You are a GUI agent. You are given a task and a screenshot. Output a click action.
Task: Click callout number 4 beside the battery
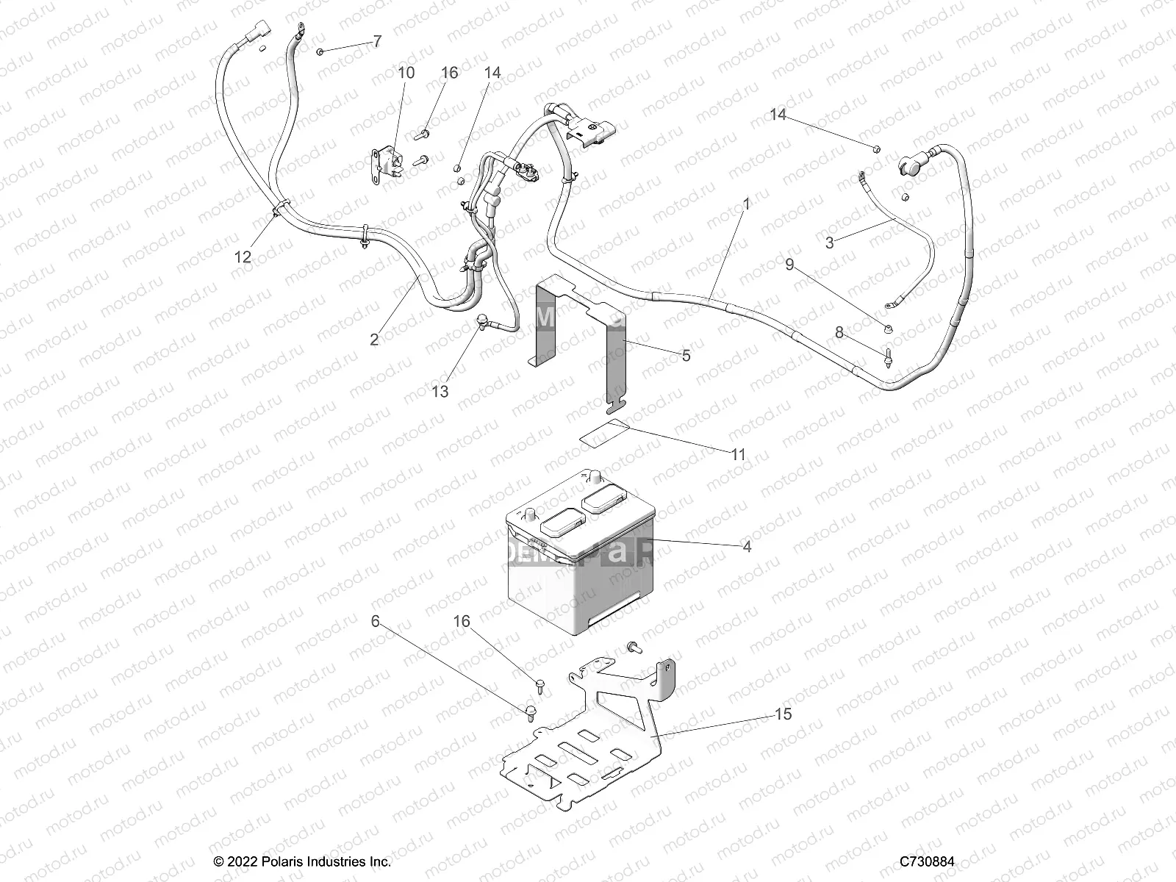coord(747,547)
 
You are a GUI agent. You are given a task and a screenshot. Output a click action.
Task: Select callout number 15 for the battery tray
coord(784,714)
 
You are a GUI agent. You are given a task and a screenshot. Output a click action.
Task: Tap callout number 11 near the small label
coord(738,455)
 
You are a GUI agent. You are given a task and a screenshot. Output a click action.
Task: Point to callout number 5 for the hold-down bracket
coord(686,356)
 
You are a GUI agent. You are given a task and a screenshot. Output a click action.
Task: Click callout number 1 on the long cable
coord(746,204)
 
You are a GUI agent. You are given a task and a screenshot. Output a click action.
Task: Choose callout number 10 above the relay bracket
coord(406,73)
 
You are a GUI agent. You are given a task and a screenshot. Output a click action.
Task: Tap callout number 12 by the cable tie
coord(243,257)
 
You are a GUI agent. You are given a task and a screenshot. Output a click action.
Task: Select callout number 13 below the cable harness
coord(440,391)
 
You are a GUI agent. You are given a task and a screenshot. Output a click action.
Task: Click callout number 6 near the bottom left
coord(376,622)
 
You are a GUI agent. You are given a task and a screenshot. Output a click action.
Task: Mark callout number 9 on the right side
coord(789,265)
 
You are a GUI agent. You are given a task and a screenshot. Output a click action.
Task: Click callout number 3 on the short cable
coord(829,243)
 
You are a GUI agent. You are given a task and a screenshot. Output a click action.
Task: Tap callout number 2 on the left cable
coord(374,340)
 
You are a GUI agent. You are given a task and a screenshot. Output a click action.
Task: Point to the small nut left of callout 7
coord(321,51)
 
